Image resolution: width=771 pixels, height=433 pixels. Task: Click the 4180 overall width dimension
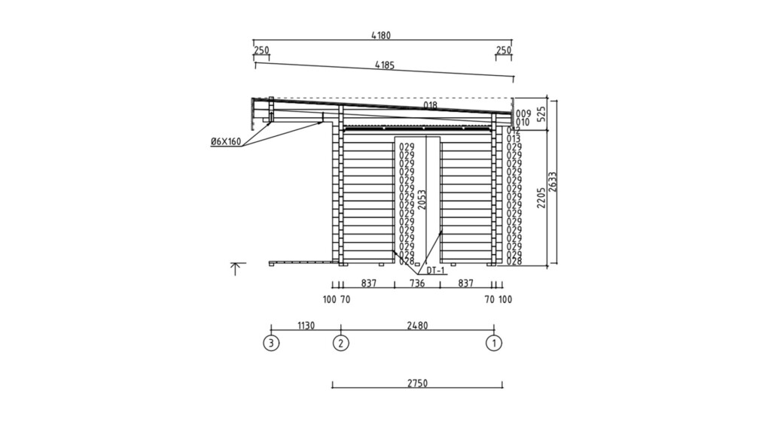[x=381, y=35]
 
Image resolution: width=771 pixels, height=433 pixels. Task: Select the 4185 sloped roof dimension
[x=385, y=65]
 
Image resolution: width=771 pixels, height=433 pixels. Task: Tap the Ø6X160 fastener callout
[x=226, y=142]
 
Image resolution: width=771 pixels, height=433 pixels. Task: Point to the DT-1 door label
[x=435, y=271]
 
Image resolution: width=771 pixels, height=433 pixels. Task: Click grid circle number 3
[x=271, y=343]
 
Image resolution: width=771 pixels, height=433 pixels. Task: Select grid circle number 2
[x=341, y=343]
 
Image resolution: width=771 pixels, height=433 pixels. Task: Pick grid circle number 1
[x=494, y=343]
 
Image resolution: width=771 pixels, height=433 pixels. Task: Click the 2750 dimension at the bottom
[x=417, y=383]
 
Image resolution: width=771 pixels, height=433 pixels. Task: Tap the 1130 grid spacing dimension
[x=306, y=326]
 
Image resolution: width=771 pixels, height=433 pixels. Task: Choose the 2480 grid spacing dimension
[x=417, y=326]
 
